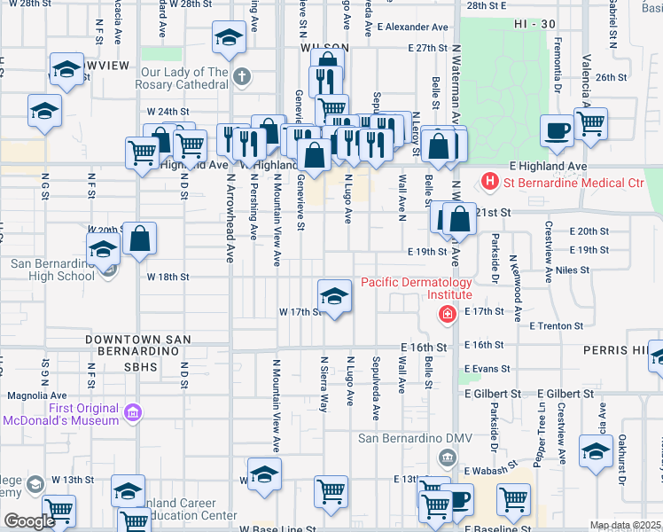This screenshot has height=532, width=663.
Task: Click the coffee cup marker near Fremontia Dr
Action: click(557, 131)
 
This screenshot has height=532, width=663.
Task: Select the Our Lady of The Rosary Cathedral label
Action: click(182, 78)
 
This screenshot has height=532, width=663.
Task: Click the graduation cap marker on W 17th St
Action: click(334, 295)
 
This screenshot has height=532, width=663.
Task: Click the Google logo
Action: click(28, 521)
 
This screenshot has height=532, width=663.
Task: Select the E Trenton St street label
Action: click(556, 325)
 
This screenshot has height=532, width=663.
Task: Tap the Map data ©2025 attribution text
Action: click(624, 525)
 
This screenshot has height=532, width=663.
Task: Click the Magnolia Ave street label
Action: click(36, 395)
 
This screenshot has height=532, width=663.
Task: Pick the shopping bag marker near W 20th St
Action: click(140, 239)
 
